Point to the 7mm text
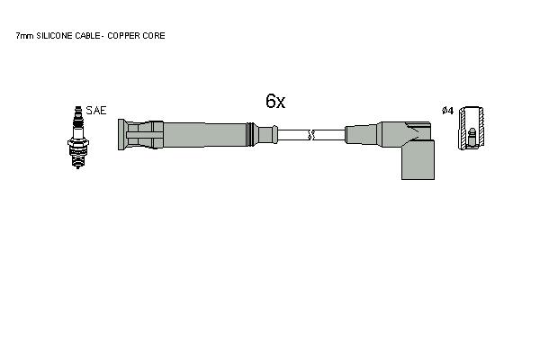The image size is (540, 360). [x=24, y=36]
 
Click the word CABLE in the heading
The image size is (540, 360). [x=88, y=36]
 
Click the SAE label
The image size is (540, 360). [x=96, y=111]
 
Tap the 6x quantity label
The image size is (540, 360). [x=275, y=101]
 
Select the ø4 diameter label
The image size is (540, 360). [x=447, y=111]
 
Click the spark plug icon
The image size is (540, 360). [x=78, y=137]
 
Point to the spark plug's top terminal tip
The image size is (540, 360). [x=78, y=107]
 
